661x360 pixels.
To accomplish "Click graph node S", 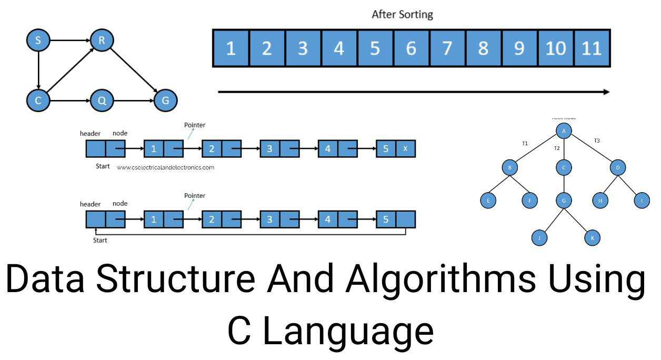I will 38,40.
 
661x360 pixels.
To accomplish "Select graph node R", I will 102,40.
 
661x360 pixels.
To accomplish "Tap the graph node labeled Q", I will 102,101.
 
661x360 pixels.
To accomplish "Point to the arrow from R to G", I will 133,71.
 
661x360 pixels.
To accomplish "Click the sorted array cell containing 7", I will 447,48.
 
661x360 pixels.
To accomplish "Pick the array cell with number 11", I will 592,48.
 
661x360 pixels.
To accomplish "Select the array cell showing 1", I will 231,48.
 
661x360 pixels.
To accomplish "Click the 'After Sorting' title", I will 402,15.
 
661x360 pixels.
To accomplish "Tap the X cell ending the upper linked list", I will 405,149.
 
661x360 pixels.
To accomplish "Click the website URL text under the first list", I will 165,167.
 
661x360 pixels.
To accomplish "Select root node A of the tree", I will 563,131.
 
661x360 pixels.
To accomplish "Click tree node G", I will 563,200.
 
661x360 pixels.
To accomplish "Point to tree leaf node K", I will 592,238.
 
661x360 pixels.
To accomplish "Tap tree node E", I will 488,200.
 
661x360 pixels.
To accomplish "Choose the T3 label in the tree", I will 597,141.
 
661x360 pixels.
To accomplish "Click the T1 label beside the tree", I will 525,143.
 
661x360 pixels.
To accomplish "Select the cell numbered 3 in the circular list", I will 269,219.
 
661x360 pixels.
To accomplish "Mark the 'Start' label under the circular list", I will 99,240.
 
